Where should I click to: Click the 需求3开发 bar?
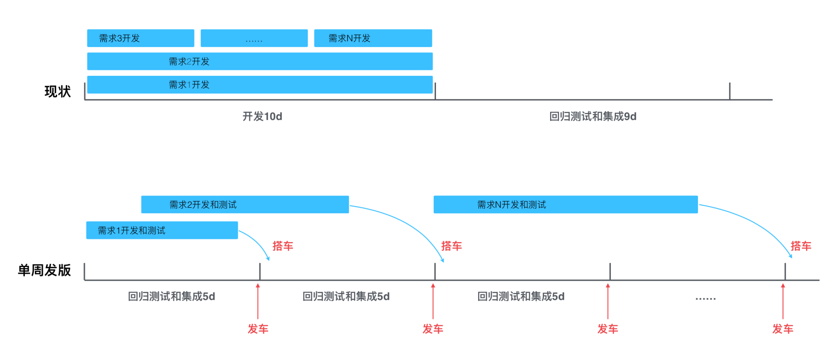140,38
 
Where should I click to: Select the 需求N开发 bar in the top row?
373,38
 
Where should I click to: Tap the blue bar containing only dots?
254,38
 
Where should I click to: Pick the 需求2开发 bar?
260,61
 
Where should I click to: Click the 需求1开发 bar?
260,85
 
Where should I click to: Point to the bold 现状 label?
58,92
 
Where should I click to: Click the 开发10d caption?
262,116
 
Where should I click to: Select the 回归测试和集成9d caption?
592,116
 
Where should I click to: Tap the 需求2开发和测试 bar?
245,204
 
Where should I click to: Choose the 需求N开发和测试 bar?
565,204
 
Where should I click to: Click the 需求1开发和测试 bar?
162,230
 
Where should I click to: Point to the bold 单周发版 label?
44,270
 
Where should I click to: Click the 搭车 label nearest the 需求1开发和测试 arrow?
282,246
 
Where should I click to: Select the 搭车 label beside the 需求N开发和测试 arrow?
801,246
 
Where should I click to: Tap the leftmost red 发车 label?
258,329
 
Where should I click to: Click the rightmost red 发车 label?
783,329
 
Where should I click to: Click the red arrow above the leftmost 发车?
258,301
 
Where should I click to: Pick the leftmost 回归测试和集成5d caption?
171,297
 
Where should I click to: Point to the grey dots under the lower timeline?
705,299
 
